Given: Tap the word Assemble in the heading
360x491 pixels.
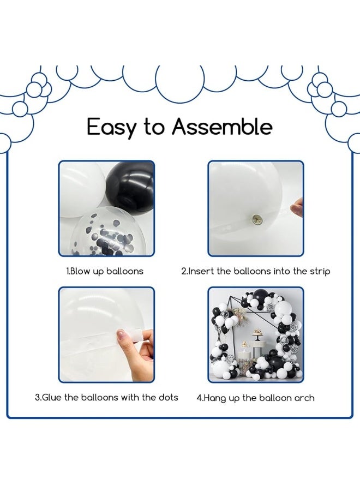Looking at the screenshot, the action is point(222,126).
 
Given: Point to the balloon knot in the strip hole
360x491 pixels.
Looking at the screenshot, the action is point(257,218).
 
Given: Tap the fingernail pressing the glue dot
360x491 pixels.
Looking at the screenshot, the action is point(121,336).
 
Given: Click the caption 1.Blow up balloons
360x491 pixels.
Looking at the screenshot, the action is point(105,271).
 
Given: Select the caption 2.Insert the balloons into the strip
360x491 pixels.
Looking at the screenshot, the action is point(255,271).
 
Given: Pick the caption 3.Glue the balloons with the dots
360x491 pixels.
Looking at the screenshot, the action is point(106,397).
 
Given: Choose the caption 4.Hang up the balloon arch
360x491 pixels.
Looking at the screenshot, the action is point(255,398).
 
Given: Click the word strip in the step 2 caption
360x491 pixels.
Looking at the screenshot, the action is point(320,272).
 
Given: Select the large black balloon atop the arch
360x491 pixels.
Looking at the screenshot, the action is point(260,296).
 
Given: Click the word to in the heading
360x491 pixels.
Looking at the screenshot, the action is point(154,127).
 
